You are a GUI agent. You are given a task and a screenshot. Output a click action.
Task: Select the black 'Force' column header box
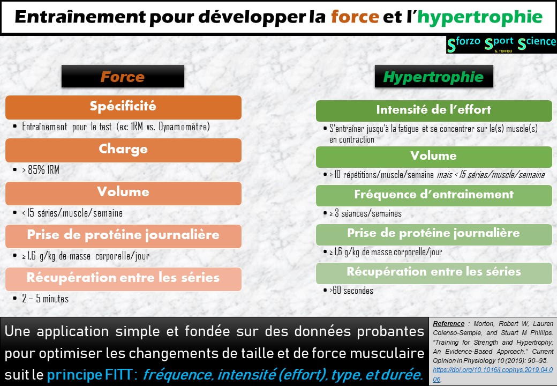pyautogui.click(x=123, y=76)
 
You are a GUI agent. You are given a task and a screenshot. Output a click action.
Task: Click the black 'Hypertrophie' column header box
pyautogui.click(x=433, y=76)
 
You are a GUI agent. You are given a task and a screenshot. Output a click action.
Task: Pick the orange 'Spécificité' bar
pyautogui.click(x=123, y=107)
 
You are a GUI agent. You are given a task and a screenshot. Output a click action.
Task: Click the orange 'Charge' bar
pyautogui.click(x=123, y=150)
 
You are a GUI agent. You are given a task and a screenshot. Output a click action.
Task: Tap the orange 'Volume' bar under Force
pyautogui.click(x=123, y=192)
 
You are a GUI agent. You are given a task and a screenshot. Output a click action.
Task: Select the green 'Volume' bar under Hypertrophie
pyautogui.click(x=433, y=157)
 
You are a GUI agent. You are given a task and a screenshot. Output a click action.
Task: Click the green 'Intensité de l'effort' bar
pyautogui.click(x=433, y=110)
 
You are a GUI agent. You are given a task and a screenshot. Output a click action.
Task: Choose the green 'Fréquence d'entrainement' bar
pyautogui.click(x=433, y=195)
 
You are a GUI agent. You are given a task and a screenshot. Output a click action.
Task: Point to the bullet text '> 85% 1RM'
pyautogui.click(x=41, y=170)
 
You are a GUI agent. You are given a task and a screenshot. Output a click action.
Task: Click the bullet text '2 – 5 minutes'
pyautogui.click(x=46, y=299)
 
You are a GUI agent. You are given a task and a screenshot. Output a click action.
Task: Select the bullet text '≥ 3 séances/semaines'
pyautogui.click(x=366, y=213)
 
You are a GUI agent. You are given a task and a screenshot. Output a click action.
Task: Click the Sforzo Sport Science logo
pyautogui.click(x=501, y=44)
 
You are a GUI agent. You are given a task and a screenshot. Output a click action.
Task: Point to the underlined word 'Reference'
pyautogui.click(x=448, y=324)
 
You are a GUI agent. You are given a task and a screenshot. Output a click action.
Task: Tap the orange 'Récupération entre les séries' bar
pyautogui.click(x=123, y=278)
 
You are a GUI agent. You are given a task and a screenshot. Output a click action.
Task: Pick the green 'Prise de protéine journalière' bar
pyautogui.click(x=433, y=234)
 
